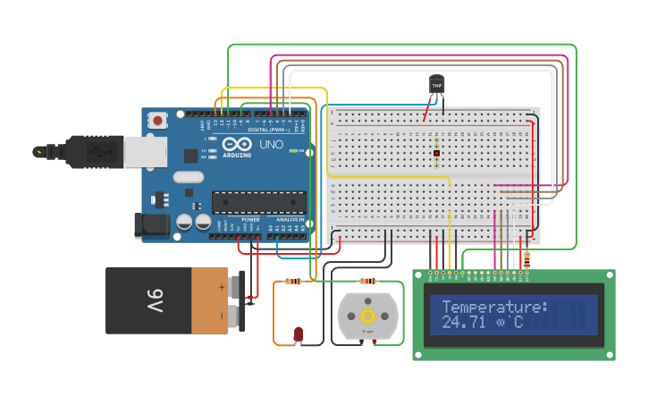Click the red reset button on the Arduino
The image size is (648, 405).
[158, 119]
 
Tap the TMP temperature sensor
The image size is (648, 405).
[436, 85]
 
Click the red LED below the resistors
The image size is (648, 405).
[299, 334]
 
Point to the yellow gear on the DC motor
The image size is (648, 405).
[367, 316]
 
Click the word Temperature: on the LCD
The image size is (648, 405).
[494, 307]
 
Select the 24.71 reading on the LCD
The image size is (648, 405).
[462, 322]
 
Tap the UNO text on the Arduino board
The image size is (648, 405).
[271, 144]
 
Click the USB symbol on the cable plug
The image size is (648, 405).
[39, 152]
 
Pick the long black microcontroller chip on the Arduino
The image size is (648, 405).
[258, 202]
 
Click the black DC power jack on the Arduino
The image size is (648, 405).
[152, 224]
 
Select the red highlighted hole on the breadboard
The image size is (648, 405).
[436, 154]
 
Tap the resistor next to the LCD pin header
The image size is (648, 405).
[526, 260]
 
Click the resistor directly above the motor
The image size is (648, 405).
[367, 282]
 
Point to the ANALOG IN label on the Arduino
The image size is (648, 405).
[290, 219]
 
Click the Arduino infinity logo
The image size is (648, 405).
[238, 144]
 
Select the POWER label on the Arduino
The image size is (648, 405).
[250, 219]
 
